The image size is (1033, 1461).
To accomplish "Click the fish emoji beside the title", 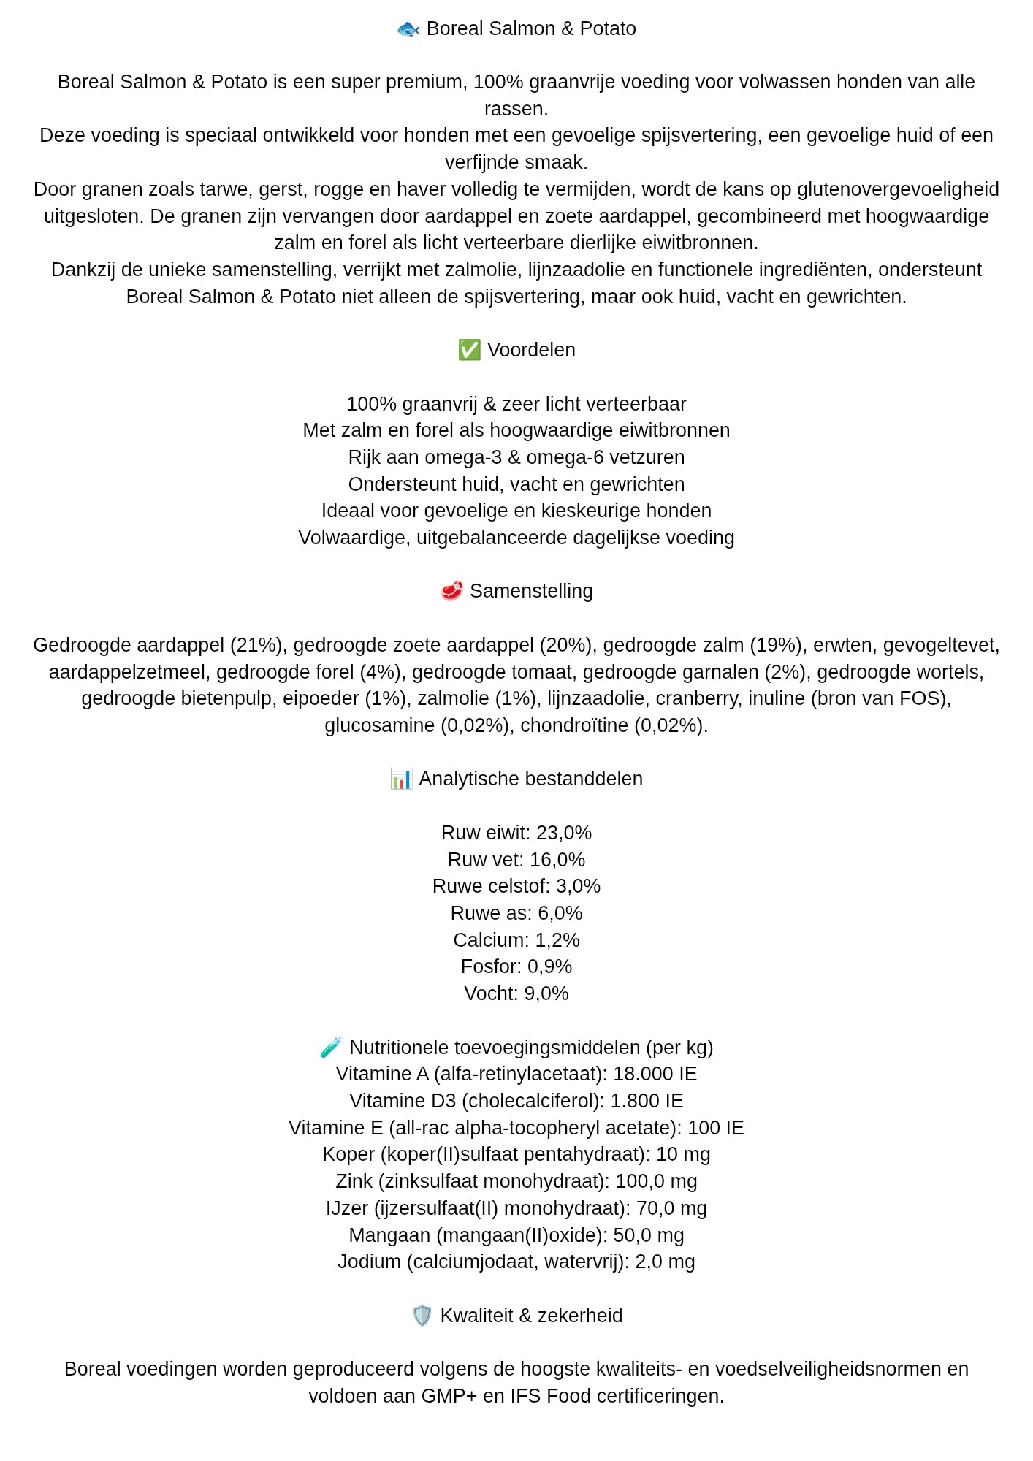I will [x=408, y=29].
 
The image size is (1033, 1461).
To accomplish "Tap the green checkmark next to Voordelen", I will [x=469, y=350].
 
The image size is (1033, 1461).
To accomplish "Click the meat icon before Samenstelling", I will [x=451, y=591].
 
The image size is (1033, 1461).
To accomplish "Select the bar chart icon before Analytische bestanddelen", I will [x=401, y=779].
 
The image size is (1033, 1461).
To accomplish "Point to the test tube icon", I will [x=331, y=1048].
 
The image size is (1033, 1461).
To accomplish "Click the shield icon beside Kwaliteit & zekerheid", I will [x=422, y=1316].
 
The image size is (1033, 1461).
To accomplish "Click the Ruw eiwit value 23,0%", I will [x=563, y=833].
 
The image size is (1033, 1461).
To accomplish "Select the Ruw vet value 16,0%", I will [x=557, y=860].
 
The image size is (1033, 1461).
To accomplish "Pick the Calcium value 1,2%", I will [x=557, y=940].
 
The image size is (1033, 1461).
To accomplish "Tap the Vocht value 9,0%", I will [x=546, y=993].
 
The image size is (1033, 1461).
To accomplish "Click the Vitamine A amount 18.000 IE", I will [x=655, y=1074].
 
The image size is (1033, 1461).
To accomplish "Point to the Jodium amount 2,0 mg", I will [x=665, y=1262].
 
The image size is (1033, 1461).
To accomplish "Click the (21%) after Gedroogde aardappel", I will [x=256, y=645].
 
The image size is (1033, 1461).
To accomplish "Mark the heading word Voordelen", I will [x=531, y=350].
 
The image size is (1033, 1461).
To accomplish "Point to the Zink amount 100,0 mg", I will [x=656, y=1181].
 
